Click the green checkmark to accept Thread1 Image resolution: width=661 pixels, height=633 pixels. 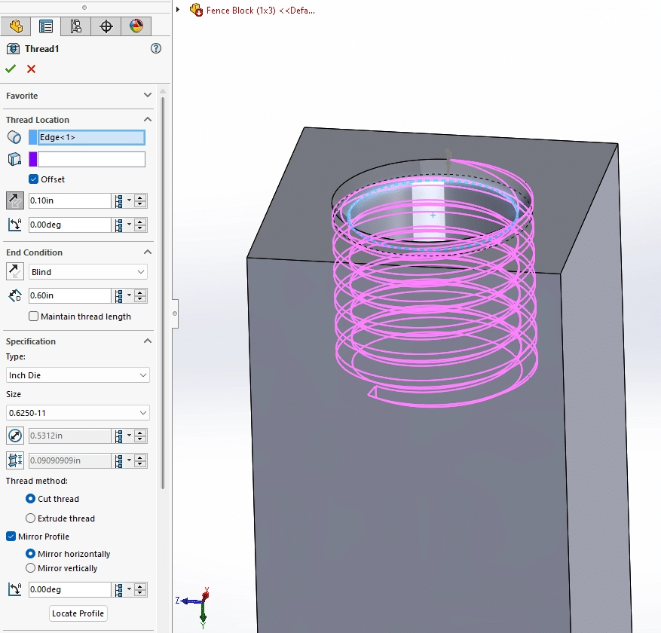(11, 69)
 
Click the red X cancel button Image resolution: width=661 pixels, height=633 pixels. (31, 69)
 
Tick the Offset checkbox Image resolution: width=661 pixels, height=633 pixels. (33, 179)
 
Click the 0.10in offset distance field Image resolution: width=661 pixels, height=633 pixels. (69, 201)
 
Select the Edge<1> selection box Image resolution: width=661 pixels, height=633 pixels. (90, 137)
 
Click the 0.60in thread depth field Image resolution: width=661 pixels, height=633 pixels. (69, 296)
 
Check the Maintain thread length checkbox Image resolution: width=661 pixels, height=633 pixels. (33, 316)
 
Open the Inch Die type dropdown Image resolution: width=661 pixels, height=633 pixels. (78, 375)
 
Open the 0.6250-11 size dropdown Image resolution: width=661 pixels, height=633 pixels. (78, 413)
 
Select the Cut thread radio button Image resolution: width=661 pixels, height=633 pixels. (31, 499)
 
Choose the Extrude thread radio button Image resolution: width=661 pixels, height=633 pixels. (31, 518)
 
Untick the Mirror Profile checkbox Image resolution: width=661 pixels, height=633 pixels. (11, 537)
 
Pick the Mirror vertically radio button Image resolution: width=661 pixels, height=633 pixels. (31, 568)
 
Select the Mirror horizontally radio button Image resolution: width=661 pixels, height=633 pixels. (31, 554)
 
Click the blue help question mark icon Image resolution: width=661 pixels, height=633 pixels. (156, 48)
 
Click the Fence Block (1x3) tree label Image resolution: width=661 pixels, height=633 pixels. (260, 11)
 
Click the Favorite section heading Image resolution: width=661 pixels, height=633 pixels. (23, 96)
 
